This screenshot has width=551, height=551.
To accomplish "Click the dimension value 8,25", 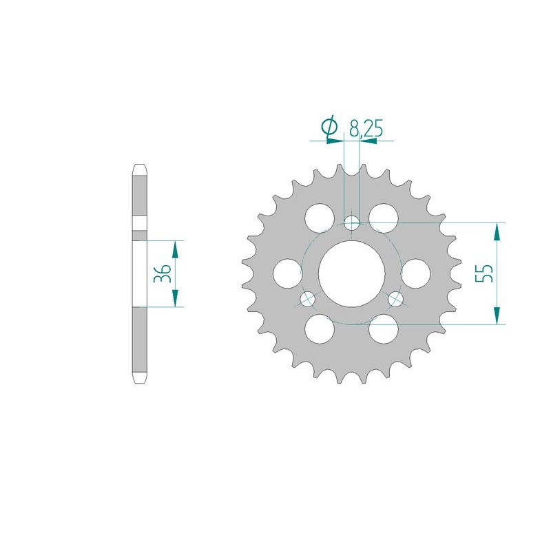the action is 366,129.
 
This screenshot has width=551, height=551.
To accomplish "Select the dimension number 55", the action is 484,273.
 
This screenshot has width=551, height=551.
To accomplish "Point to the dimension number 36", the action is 163,273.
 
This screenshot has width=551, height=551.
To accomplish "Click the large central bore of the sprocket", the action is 352,273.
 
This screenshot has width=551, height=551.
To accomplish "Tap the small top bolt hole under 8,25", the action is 352,222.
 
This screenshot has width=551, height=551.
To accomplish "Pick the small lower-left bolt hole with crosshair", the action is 307,299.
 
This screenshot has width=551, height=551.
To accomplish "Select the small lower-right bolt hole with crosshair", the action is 396,299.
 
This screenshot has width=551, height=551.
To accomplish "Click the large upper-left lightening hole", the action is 320,218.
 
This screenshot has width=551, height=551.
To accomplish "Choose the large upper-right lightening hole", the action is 384,218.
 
